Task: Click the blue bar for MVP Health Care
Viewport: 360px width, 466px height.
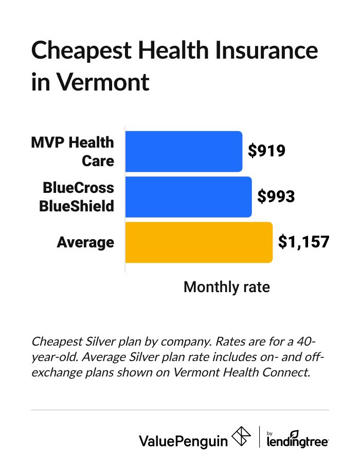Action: pos(184,151)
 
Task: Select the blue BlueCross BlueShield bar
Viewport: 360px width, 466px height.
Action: pos(188,196)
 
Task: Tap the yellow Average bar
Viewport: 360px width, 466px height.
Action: pos(199,242)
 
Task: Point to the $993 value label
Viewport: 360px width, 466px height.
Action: pos(276,196)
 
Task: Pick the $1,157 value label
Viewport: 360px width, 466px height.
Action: pos(303,242)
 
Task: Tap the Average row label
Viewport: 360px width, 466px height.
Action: pos(85,242)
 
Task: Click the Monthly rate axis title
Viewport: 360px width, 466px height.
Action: pos(226,286)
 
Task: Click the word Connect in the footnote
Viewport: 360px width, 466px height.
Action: pos(289,372)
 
